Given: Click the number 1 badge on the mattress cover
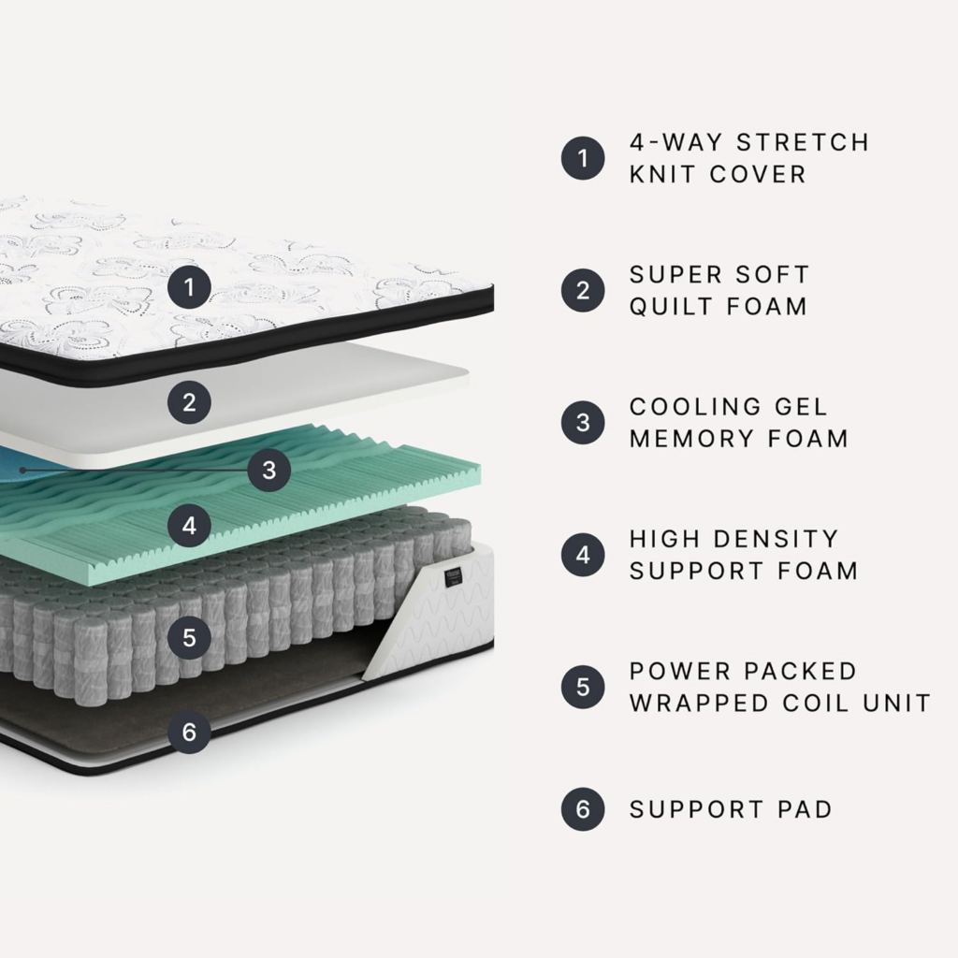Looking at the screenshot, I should click(190, 286).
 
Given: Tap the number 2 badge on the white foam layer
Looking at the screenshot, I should click(190, 403).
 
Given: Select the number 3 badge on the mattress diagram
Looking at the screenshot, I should click(269, 471).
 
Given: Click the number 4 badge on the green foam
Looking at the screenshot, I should click(190, 526).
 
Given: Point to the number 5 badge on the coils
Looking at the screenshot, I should click(190, 638).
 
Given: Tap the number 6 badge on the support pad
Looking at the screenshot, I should click(190, 732).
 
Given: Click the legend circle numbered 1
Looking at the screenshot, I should click(583, 158).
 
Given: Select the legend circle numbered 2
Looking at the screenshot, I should click(583, 290).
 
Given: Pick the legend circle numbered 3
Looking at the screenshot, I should click(583, 423).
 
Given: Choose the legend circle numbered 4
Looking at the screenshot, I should click(583, 555).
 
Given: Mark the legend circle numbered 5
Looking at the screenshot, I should click(583, 688).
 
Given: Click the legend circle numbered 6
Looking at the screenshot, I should click(583, 809).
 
